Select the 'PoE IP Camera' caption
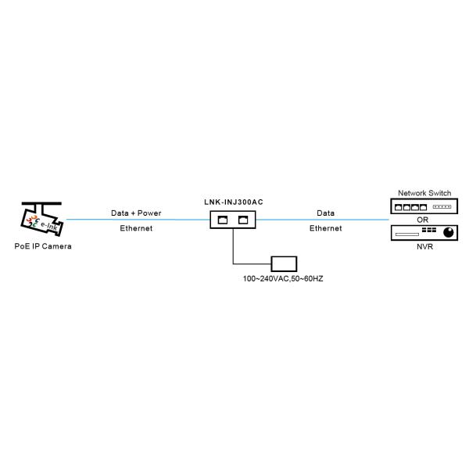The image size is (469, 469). click(43, 245)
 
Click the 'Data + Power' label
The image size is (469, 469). click(136, 213)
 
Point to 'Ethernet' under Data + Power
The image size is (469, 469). click(136, 228)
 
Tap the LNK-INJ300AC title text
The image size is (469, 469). click(233, 202)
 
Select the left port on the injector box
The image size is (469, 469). click(223, 220)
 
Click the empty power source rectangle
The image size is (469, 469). click(283, 263)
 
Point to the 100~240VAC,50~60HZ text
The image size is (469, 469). click(283, 278)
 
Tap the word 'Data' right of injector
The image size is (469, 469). click(325, 213)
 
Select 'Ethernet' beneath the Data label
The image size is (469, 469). click(325, 228)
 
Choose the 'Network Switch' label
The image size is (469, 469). click(424, 193)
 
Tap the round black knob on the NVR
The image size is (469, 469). click(449, 232)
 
